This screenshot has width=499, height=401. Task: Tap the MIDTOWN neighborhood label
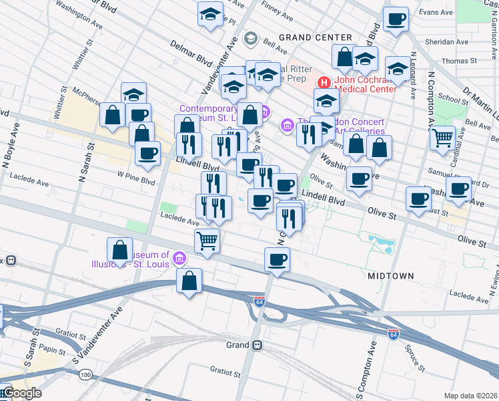coord(391,275)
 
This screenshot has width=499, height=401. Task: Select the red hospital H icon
coord(324,82)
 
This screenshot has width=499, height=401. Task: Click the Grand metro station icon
coord(257,346)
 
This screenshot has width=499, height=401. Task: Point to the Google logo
coord(21,393)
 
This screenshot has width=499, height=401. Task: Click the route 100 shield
coord(85,375)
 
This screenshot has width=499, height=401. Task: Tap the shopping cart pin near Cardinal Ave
coord(442,138)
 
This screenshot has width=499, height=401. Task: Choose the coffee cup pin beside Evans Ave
coord(396,20)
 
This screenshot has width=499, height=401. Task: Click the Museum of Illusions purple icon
coord(179,257)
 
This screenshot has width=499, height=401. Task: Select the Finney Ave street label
coord(278,13)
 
